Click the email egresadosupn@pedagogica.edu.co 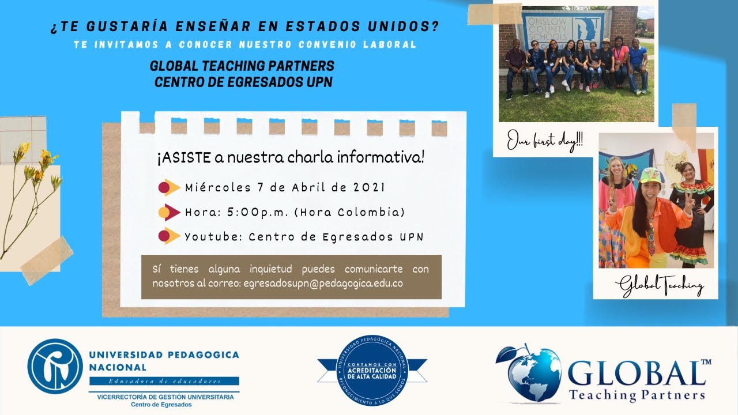(x=323, y=284)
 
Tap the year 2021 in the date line (x=366, y=187)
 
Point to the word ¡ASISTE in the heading (x=176, y=157)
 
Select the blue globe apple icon (x=528, y=373)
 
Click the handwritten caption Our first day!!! (x=545, y=142)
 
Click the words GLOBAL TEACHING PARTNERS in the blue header (x=242, y=66)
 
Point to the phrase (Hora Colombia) (x=349, y=213)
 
